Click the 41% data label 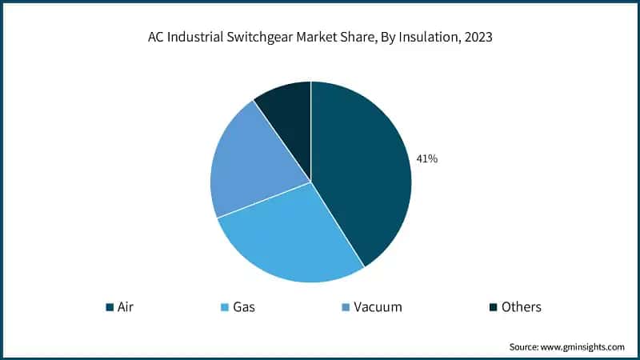[x=426, y=158]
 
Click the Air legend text [x=126, y=307]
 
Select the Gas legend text [x=242, y=307]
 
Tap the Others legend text [x=521, y=307]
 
